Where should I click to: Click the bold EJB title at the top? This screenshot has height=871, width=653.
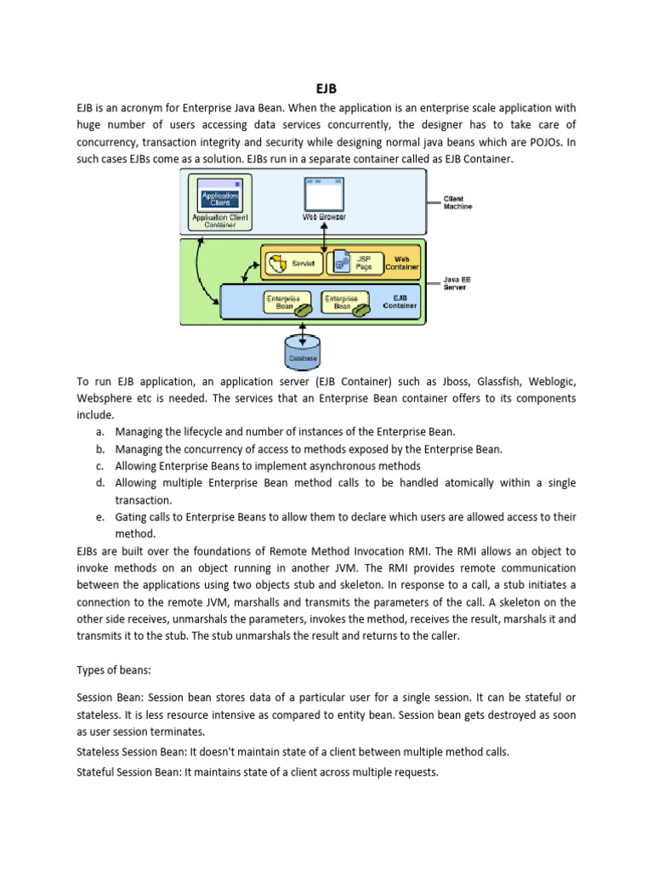pyautogui.click(x=326, y=88)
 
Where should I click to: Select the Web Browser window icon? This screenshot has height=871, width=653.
pyautogui.click(x=324, y=196)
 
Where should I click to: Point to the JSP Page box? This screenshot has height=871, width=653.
pyautogui.click(x=355, y=262)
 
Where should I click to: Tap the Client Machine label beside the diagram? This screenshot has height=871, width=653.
pyautogui.click(x=457, y=202)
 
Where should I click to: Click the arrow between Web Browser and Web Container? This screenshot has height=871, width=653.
pyautogui.click(x=324, y=234)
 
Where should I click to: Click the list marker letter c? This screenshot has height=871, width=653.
pyautogui.click(x=99, y=466)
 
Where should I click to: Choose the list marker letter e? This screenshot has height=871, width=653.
pyautogui.click(x=99, y=517)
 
